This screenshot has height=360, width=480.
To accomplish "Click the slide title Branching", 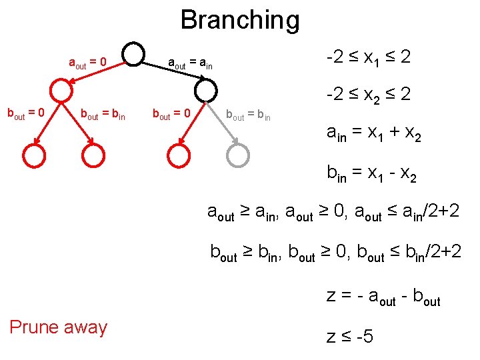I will [x=240, y=20].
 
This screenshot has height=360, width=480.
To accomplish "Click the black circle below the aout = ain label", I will [x=207, y=91].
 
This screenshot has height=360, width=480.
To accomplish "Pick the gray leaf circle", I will [x=238, y=155].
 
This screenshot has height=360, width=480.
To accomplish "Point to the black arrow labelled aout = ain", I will [x=172, y=73].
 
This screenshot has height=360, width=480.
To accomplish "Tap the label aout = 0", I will [x=88, y=63].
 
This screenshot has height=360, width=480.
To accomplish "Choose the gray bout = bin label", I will [x=248, y=115].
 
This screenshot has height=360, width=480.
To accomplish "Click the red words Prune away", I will [x=58, y=327].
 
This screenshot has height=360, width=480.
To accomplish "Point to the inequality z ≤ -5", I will [x=350, y=337].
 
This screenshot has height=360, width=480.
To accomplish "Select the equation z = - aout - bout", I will [x=383, y=296].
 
